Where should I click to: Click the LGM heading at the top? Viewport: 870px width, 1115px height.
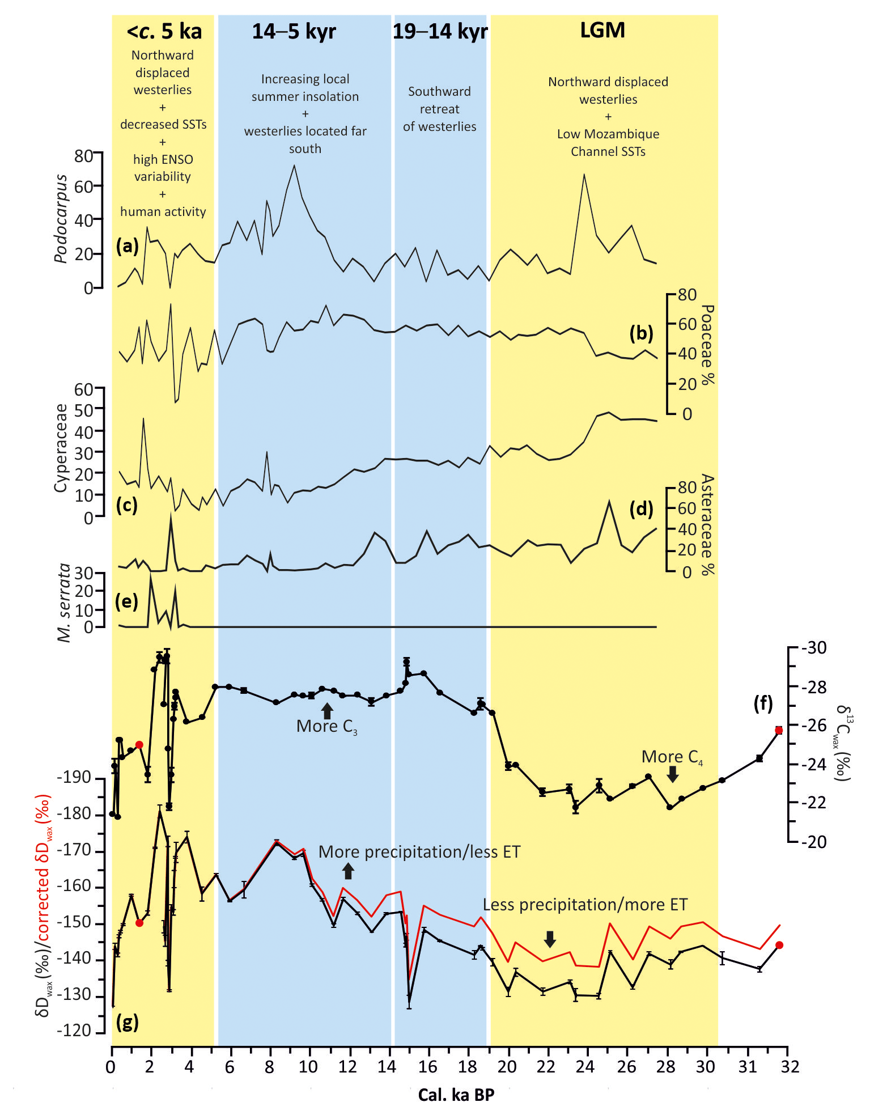[x=602, y=30]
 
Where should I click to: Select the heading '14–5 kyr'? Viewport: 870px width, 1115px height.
[x=294, y=32]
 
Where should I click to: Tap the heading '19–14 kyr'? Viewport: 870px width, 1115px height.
[x=440, y=32]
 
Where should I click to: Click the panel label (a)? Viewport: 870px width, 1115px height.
[x=127, y=246]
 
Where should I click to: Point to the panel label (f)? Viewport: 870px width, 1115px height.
[x=763, y=703]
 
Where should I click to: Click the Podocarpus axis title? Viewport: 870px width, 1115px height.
[x=61, y=219]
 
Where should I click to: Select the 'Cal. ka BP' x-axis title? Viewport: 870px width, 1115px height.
[x=456, y=1095]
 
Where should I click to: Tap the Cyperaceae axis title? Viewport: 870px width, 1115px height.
[x=61, y=448]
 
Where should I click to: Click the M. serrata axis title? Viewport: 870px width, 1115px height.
[x=65, y=603]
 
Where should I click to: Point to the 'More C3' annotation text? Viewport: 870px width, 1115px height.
[x=327, y=726]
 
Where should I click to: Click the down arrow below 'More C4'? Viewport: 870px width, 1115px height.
[x=673, y=774]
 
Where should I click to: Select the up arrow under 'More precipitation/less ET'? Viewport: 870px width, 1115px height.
[x=349, y=871]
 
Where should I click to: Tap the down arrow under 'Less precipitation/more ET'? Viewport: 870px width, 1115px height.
[x=549, y=939]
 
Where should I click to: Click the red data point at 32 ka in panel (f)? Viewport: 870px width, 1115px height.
[x=779, y=730]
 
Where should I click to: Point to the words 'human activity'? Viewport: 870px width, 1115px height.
[x=163, y=211]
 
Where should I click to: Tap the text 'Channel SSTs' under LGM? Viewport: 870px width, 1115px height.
[x=608, y=151]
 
